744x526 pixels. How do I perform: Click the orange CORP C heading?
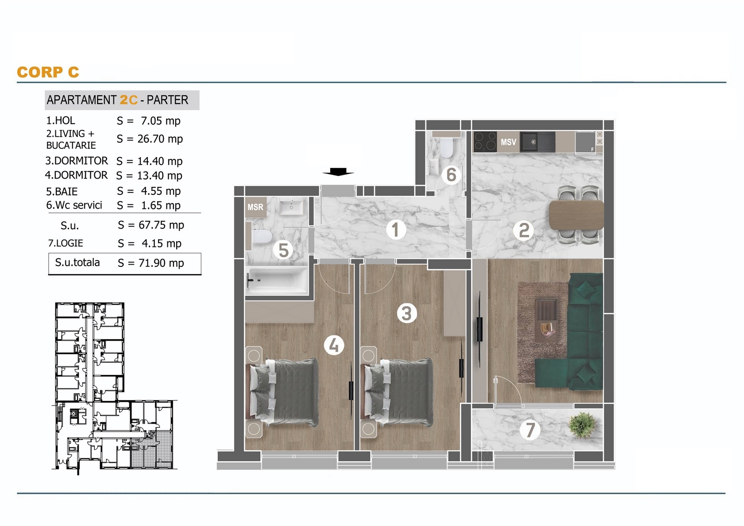pos(48,72)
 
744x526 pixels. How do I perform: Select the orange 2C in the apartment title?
pos(128,100)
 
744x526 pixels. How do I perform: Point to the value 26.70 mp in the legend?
pos(160,139)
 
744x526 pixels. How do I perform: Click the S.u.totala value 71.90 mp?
pos(161,263)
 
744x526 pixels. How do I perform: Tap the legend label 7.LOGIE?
pos(66,243)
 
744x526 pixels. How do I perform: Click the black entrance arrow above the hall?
pos(338,172)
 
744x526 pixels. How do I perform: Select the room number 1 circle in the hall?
pos(396,230)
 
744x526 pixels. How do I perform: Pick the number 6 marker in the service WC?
pos(451,175)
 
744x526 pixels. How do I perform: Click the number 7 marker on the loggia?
pos(530,430)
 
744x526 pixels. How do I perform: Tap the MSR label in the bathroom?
pos(255,207)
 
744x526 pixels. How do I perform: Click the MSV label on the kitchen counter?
pos(508,142)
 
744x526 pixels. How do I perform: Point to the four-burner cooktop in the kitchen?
pos(485,142)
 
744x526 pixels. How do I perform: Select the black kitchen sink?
pos(537,142)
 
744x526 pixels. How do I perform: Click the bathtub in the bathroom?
pos(277,281)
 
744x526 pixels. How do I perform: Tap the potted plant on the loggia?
pos(582,426)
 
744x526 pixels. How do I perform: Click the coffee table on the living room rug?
pos(546,320)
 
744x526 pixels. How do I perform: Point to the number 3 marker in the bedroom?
pos(407,313)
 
